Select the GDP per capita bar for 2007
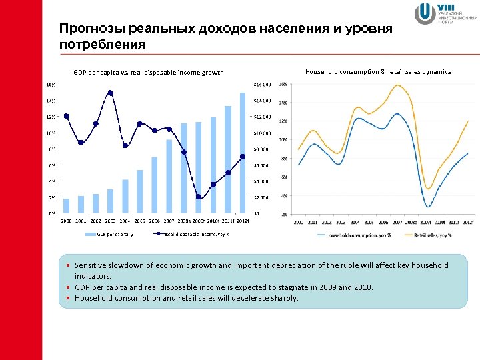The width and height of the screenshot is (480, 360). coord(169,176)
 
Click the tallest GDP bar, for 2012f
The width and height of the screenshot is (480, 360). coord(243,153)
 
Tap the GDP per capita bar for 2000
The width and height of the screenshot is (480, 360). coord(66,206)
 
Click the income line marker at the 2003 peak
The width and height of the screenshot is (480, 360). coord(110,93)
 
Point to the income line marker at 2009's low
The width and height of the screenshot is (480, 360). coord(199,197)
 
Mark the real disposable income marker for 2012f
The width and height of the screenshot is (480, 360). coord(243,157)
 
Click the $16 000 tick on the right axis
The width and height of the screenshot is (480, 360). coord(262,85)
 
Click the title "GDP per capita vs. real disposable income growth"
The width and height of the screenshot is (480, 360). coord(149,73)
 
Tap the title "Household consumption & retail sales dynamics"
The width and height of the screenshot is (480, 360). coord(377,71)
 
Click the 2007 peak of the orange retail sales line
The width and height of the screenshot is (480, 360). coord(397,85)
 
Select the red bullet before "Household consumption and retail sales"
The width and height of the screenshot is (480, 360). coord(69,298)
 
